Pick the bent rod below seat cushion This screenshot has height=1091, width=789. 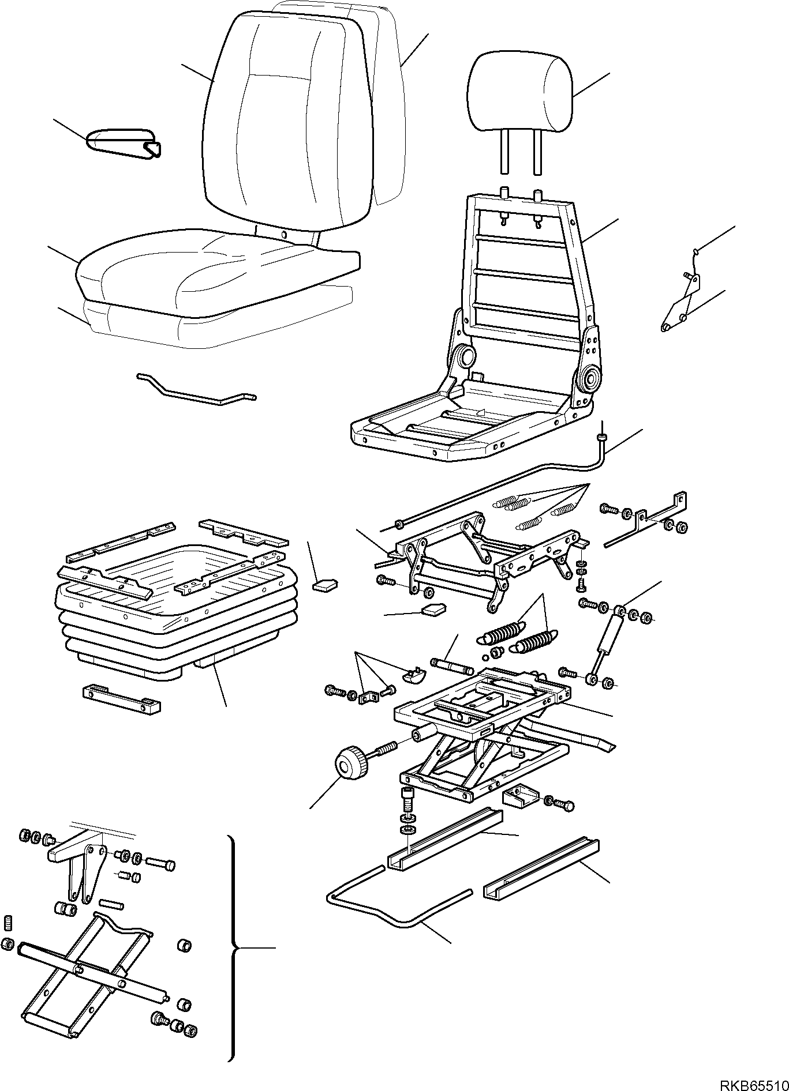(196, 390)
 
